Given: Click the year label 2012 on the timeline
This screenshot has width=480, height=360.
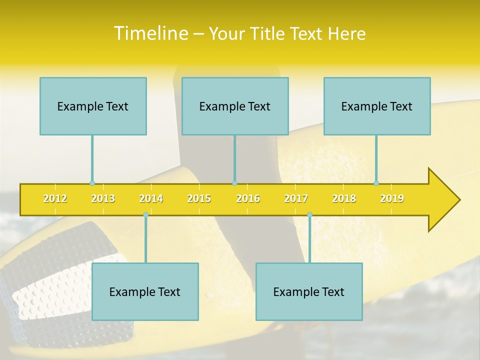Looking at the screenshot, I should click(55, 198).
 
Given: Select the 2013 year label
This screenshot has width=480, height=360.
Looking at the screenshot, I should click(103, 198).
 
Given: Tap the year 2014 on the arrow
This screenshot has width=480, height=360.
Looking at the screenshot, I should click(151, 198).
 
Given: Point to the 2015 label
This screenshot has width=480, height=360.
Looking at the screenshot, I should click(199, 198).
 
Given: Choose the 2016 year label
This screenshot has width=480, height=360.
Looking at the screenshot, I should click(248, 198).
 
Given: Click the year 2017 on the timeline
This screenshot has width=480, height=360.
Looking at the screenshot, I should click(296, 198).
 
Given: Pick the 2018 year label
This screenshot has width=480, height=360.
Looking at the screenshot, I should click(344, 198).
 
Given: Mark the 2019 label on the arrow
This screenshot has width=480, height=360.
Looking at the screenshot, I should click(392, 198).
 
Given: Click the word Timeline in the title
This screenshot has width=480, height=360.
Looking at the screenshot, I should click(150, 33).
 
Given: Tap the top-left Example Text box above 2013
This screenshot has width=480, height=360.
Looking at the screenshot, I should click(93, 106).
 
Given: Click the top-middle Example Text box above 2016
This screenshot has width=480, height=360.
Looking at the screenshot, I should click(235, 106).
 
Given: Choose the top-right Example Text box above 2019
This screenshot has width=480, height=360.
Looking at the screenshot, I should click(377, 106).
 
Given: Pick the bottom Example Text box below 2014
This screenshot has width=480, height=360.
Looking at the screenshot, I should click(145, 291).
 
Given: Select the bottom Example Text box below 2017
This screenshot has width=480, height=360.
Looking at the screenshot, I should click(309, 291).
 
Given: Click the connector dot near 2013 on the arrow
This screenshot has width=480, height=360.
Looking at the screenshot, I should click(92, 183).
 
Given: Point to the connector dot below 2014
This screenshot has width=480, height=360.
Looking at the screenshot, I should click(145, 214).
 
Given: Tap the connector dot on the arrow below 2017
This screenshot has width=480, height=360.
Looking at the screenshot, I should click(309, 214).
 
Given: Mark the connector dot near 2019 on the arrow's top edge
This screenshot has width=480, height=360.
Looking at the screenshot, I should click(376, 183).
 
